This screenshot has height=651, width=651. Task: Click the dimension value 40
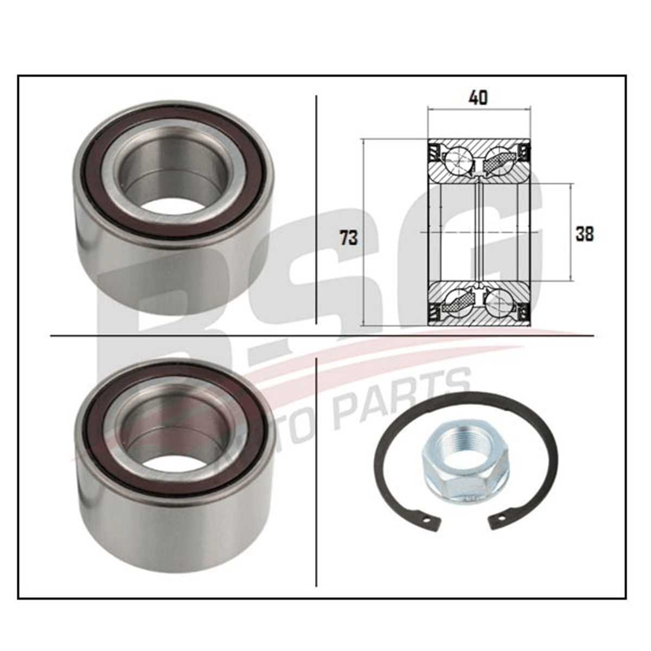(x=478, y=98)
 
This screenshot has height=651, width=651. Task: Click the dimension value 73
(x=348, y=237)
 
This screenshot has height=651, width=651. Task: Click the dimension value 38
(x=584, y=234)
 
